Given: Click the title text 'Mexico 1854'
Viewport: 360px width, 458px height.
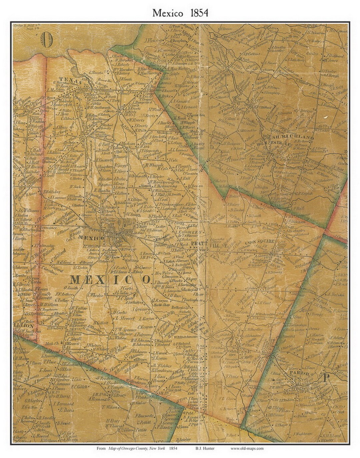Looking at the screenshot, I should coord(180,13).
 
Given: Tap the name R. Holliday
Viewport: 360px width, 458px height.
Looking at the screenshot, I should coord(52,192).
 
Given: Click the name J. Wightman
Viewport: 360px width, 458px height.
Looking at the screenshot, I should coord(302,434).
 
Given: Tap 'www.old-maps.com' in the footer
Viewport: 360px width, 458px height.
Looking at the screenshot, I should coord(247,448).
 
